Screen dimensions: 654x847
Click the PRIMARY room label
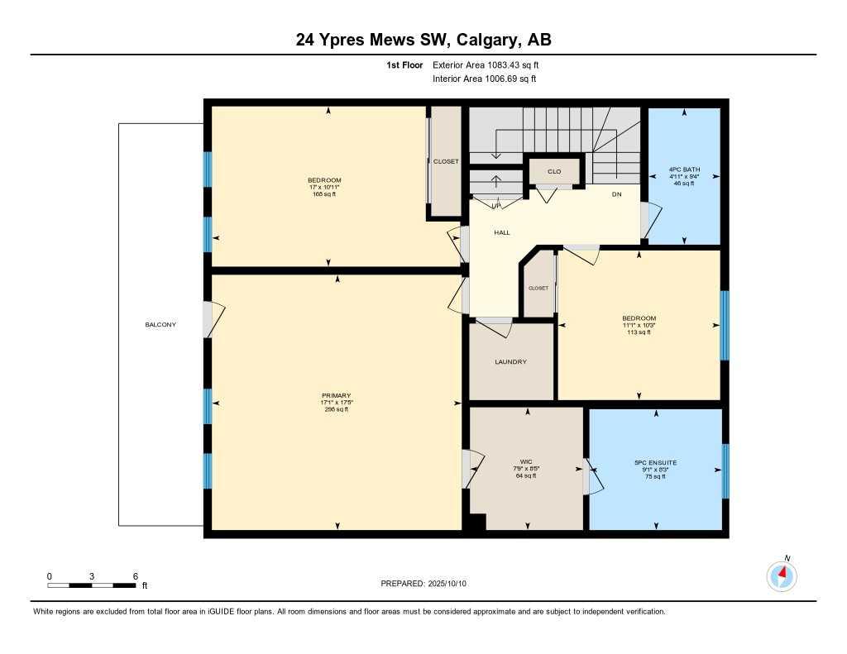point(337,396)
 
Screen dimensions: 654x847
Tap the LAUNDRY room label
point(510,362)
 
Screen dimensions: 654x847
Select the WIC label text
point(525,461)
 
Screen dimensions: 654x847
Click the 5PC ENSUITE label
point(655,463)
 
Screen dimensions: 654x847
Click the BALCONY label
point(160,325)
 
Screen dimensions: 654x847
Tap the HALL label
point(501,233)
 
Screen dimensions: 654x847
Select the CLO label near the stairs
point(554,172)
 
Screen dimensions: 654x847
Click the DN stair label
point(616,195)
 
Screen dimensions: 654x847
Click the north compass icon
point(782,575)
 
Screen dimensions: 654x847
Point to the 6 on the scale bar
point(135,576)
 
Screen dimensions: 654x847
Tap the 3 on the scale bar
point(92,576)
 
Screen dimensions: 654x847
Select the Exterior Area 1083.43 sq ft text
point(486,64)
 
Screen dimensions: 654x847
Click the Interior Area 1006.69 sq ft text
point(484,79)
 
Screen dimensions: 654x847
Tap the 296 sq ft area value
point(337,409)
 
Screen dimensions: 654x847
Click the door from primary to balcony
point(213,320)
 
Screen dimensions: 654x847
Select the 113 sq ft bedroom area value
point(639,332)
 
